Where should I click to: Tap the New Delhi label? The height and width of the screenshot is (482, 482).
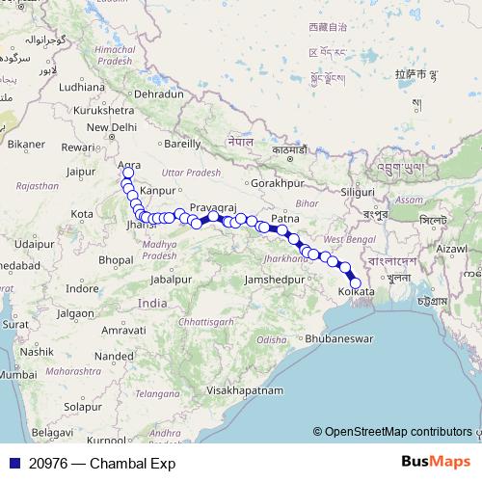[112, 127]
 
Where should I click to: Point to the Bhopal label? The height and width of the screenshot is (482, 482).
[115, 260]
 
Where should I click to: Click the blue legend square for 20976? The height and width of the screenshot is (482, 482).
[13, 463]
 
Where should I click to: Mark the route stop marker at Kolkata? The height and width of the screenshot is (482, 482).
[355, 281]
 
